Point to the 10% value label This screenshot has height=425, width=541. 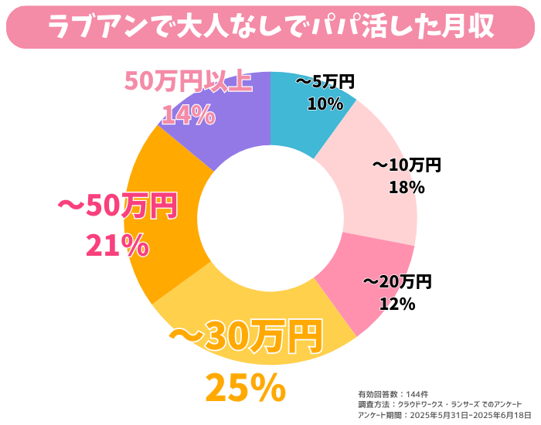pos(325,104)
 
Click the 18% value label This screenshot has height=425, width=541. pos(407,186)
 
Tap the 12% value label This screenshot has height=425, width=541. pos(397,304)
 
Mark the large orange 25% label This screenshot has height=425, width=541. pos(245,389)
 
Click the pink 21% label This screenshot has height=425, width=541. pos(117,245)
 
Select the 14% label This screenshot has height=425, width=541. pos(188,114)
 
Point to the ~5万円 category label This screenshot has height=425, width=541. pos(325,81)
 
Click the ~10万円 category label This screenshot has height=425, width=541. pos(407,165)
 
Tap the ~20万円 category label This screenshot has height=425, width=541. pos(397,281)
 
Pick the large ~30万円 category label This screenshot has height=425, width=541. pos(245,337)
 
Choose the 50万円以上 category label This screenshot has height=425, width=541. pos(188,81)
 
